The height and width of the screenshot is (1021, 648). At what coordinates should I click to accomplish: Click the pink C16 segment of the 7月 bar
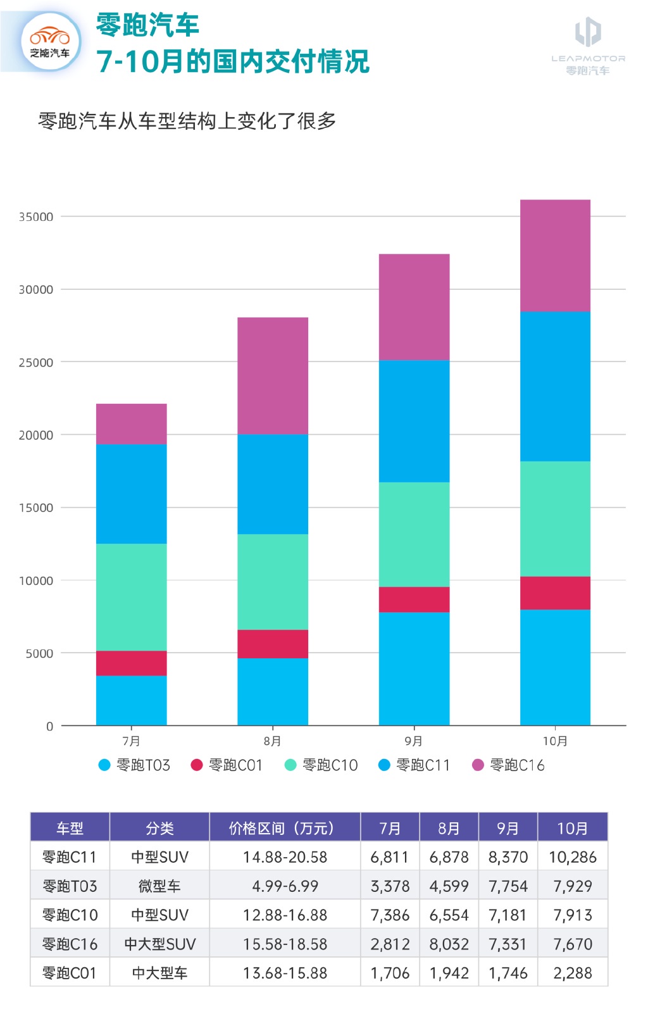131,423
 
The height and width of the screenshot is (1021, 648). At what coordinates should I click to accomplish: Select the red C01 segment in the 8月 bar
273,644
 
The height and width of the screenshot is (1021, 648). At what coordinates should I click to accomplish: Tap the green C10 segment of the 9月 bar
414,534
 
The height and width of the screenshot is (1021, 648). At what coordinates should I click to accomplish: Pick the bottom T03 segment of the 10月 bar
555,667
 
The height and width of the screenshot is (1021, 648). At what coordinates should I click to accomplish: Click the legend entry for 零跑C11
414,765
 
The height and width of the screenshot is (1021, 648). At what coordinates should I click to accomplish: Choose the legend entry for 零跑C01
227,765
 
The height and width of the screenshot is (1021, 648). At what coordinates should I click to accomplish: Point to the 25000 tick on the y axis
36,363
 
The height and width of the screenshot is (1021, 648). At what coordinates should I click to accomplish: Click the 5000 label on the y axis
39,653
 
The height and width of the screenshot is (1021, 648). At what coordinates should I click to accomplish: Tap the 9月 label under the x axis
414,741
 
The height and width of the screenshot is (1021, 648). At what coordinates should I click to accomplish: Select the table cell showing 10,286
573,857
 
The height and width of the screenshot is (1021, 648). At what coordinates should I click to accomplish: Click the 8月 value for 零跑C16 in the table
449,944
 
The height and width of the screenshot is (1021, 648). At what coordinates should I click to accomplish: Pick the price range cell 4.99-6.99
285,886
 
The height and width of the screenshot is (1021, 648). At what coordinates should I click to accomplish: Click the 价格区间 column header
285,828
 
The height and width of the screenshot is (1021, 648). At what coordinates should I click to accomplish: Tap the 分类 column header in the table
159,828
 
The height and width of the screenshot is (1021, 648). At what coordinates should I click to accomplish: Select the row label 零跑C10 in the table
70,915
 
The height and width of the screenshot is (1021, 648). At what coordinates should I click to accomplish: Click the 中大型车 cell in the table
159,973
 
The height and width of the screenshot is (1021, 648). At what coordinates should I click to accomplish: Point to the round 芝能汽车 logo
50,42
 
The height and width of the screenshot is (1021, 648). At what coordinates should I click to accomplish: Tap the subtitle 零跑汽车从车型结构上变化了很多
187,121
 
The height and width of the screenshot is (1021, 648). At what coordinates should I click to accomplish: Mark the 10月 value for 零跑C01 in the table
573,973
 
